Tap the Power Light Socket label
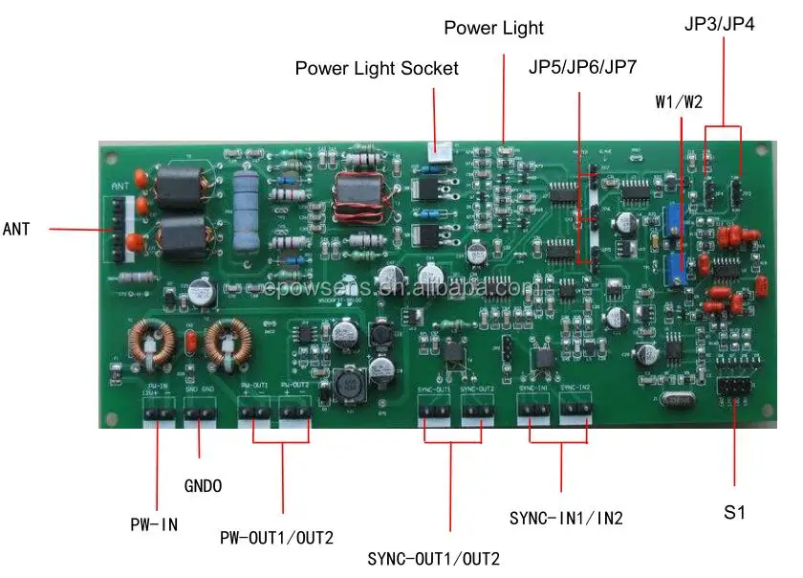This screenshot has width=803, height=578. (377, 69)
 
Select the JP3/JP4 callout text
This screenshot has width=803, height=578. (720, 24)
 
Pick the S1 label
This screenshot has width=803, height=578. (733, 513)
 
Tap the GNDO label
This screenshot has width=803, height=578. (203, 486)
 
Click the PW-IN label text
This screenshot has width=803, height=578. (154, 524)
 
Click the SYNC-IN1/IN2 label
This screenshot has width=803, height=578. (566, 518)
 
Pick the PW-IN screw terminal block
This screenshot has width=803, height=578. (159, 412)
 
